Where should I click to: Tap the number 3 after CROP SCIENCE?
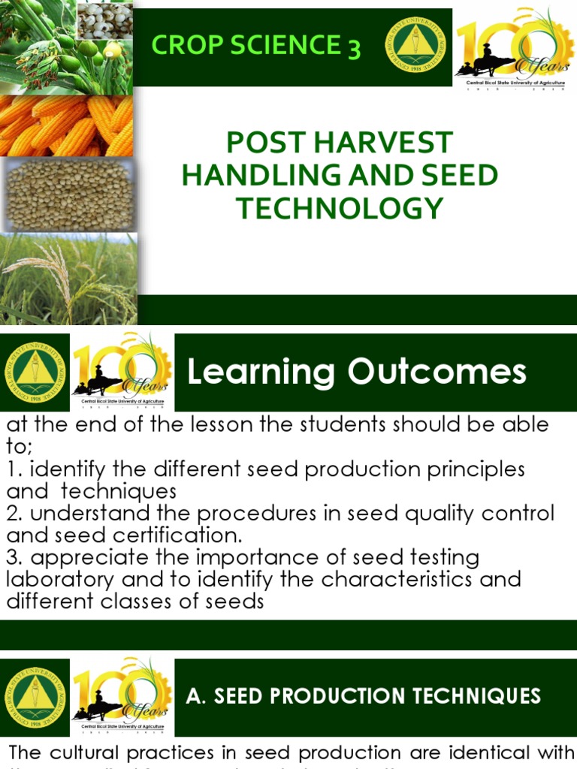(x=353, y=49)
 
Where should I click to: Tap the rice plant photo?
(x=68, y=278)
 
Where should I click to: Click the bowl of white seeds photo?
(x=104, y=21)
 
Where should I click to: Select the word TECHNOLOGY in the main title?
(x=340, y=208)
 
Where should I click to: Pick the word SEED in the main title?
(x=456, y=176)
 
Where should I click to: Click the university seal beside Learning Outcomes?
(x=35, y=372)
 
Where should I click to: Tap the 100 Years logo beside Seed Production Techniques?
(x=122, y=697)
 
